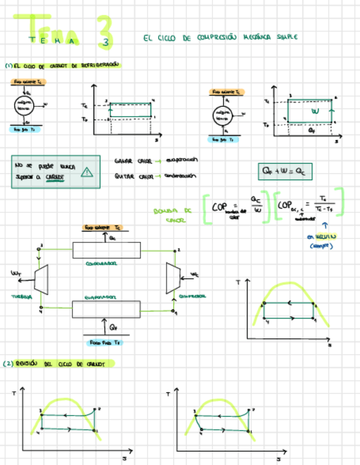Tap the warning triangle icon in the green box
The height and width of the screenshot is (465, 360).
tap(86, 172)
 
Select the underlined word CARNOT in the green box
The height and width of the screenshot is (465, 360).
tap(55, 177)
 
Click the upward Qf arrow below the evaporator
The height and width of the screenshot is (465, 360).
tap(104, 328)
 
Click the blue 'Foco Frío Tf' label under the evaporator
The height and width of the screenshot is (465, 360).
tap(105, 342)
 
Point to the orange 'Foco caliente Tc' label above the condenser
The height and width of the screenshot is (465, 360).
tap(103, 228)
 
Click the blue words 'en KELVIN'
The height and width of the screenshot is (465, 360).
tap(324, 237)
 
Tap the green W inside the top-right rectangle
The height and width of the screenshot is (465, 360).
tap(314, 111)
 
